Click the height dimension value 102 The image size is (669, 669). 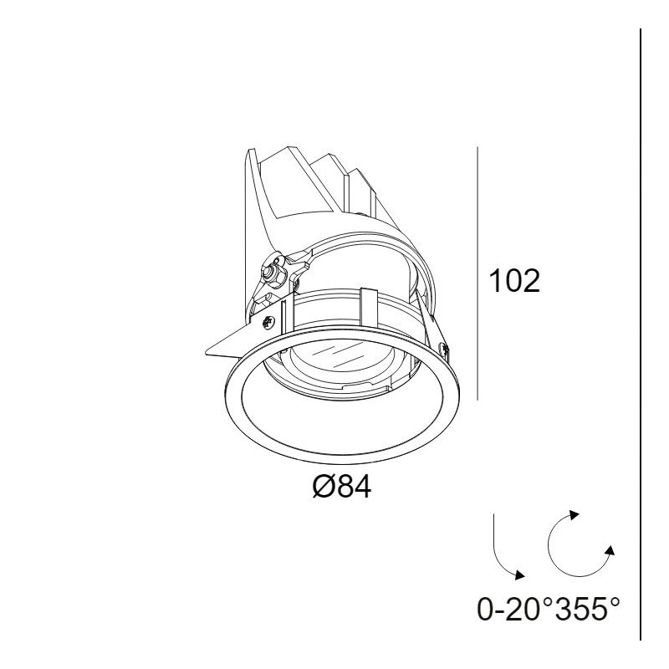514,283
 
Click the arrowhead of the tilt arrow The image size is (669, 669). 522,575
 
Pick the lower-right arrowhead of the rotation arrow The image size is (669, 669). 610,550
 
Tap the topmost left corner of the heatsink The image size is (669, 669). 246,151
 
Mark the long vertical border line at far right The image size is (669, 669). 641,334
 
